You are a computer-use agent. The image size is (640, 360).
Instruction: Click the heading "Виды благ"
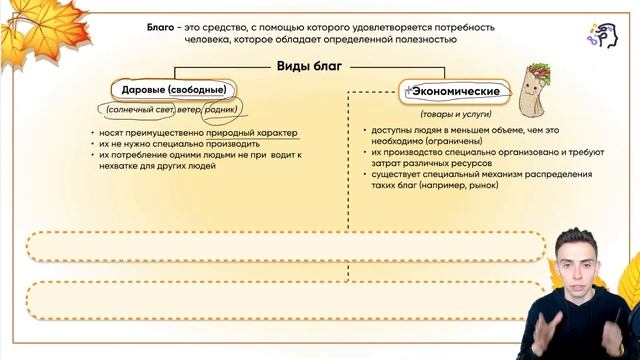pos(310,67)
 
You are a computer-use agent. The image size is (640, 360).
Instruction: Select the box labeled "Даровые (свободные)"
pos(171,89)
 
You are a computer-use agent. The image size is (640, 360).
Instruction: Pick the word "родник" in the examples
pos(225,108)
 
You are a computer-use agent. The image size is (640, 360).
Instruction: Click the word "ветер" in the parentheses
pos(188,108)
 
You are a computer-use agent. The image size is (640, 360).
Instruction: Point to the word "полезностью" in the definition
pos(428,39)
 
